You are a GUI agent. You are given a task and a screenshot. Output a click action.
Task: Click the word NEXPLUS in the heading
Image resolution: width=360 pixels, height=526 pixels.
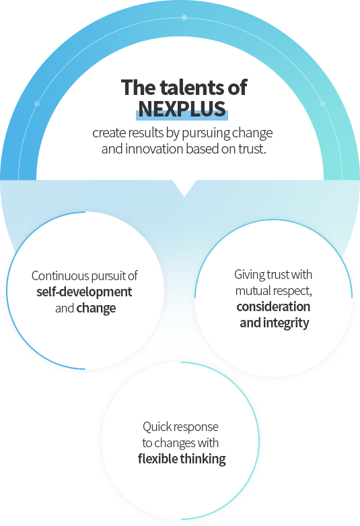tap(182, 108)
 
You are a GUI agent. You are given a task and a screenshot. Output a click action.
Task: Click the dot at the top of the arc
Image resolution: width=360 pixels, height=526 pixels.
tap(184, 18)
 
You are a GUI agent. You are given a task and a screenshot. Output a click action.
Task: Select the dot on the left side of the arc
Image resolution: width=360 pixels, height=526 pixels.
tap(37, 104)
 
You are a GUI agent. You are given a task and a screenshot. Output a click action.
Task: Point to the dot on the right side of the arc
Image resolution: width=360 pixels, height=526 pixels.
tap(323, 104)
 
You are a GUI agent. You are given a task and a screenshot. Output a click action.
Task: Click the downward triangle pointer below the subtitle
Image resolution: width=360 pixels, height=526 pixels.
tap(184, 188)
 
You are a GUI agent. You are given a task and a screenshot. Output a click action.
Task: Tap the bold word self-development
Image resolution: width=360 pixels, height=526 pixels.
tap(84, 292)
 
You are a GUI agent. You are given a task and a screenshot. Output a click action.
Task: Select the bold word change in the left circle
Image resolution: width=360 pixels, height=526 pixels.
tap(96, 308)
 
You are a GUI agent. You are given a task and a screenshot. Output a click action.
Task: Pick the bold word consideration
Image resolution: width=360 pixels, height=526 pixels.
tap(273, 306)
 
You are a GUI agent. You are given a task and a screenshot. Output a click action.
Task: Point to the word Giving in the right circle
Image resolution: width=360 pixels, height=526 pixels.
tap(245, 275)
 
